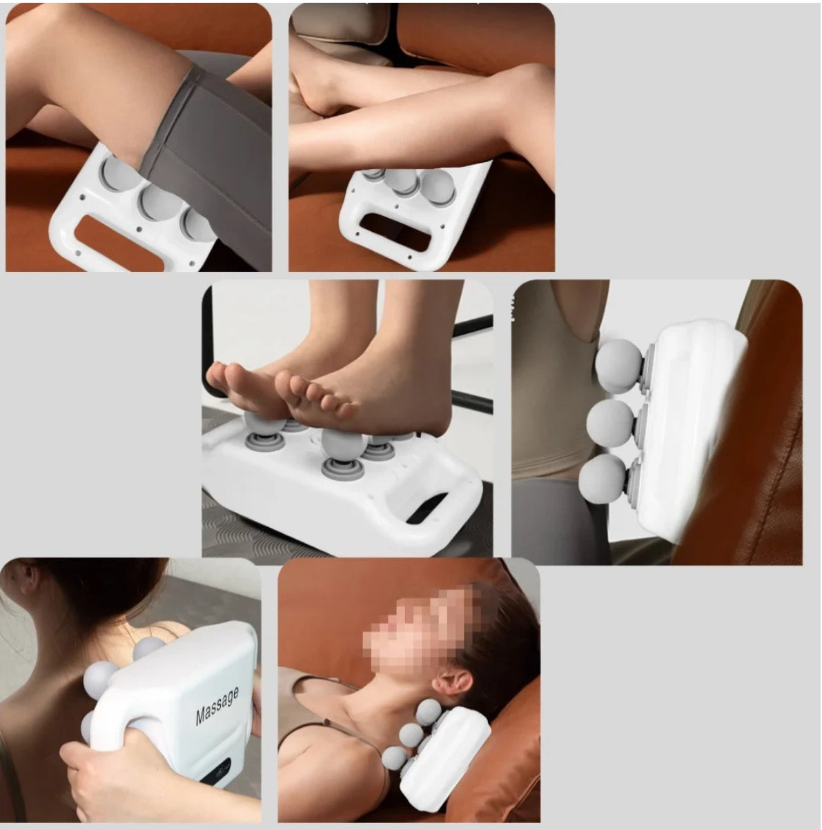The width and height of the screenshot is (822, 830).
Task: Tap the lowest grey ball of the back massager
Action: click(602, 478)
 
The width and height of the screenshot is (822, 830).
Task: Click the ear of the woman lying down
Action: click(451, 682)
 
